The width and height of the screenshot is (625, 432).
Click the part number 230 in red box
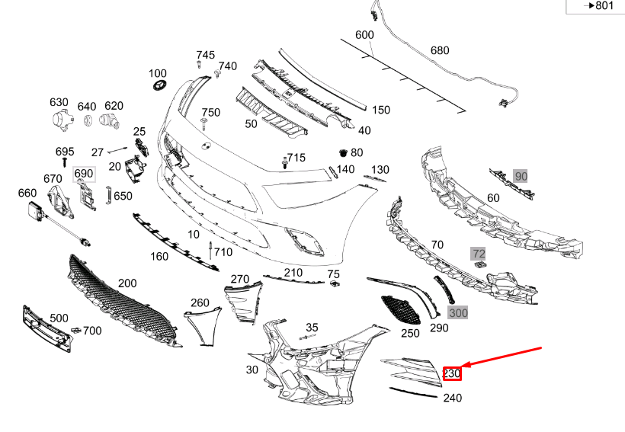452,373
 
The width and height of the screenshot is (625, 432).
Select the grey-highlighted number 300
458,312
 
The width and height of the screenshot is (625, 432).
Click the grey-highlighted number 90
521,176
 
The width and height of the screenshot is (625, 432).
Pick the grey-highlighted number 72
478,253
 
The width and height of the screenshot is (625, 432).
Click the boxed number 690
83,174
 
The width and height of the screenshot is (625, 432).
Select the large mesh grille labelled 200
122,301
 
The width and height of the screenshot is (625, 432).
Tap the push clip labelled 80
343,152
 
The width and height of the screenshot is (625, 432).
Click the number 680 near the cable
440,50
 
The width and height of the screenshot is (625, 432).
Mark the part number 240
452,397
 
